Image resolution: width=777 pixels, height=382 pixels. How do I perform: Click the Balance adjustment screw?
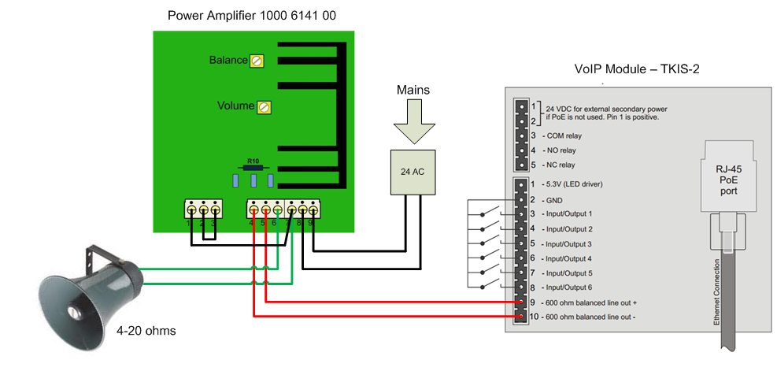pyautogui.click(x=256, y=61)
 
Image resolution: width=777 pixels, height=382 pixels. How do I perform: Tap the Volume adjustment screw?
pyautogui.click(x=265, y=106)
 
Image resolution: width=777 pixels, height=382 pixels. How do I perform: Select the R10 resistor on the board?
pyautogui.click(x=253, y=168)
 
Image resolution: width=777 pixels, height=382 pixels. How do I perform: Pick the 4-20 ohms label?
pyautogui.click(x=146, y=331)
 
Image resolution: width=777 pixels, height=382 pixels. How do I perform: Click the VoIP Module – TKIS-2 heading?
pyautogui.click(x=637, y=69)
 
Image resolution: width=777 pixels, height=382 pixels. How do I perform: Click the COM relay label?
pyautogui.click(x=561, y=135)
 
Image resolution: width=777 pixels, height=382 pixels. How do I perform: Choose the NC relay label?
pyautogui.click(x=559, y=165)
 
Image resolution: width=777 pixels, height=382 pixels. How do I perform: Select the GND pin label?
pyautogui.click(x=553, y=198)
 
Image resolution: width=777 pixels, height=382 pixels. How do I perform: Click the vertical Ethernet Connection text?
pyautogui.click(x=717, y=291)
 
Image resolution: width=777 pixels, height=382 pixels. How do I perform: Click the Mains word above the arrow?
pyautogui.click(x=413, y=90)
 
